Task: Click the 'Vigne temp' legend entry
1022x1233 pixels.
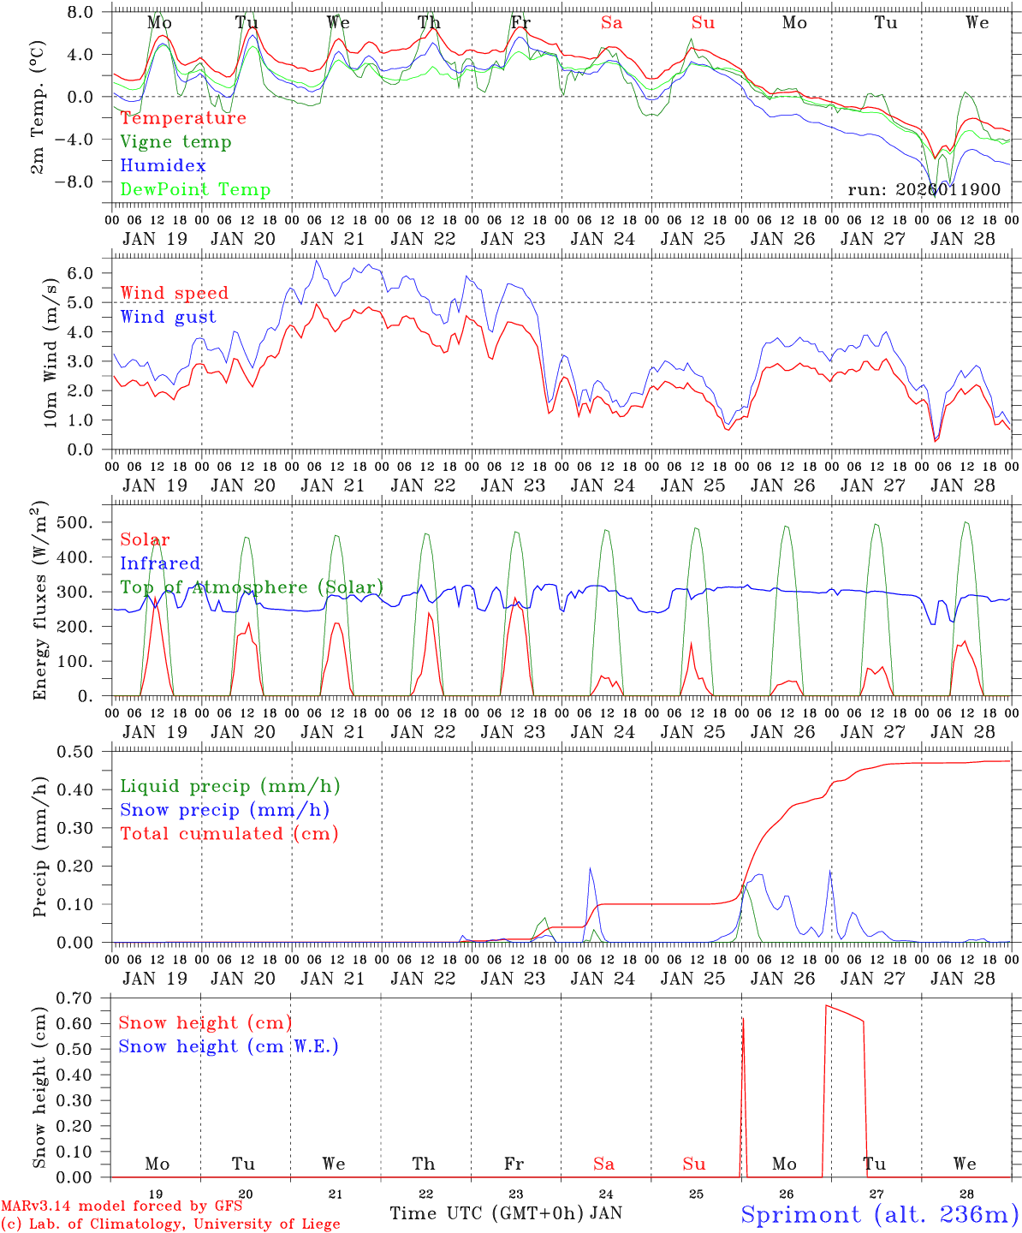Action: point(175,142)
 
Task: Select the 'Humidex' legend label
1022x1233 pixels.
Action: point(163,166)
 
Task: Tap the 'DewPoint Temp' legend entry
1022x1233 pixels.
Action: point(195,190)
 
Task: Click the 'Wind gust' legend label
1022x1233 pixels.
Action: point(168,317)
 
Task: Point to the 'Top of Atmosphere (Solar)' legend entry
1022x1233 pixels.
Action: point(252,587)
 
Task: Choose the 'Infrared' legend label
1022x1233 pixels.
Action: point(160,563)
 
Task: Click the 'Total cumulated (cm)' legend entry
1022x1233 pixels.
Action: point(229,834)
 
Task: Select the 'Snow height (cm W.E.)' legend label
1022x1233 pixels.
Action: point(229,1046)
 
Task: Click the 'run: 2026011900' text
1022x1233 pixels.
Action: point(924,190)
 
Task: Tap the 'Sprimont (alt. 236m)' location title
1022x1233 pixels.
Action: point(879,1214)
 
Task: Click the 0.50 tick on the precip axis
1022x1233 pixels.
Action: point(85,752)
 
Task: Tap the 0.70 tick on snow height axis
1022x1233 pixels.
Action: point(85,998)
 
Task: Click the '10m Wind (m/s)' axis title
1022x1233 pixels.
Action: point(51,354)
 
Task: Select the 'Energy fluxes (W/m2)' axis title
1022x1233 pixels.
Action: point(39,602)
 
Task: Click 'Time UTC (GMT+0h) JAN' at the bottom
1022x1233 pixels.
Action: point(506,1213)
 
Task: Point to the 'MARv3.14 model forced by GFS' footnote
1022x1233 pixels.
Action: point(122,1206)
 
